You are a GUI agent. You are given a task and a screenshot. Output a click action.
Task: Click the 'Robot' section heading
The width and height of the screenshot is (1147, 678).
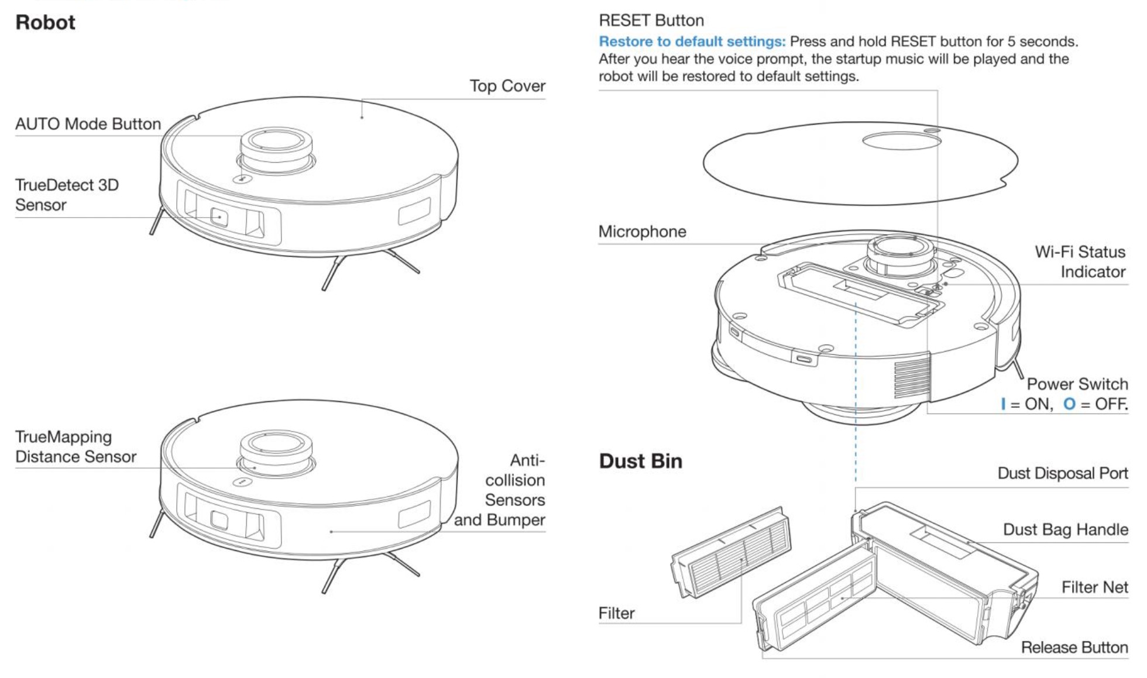click(45, 22)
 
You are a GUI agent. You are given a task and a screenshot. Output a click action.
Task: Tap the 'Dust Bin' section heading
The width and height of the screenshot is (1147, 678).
click(640, 461)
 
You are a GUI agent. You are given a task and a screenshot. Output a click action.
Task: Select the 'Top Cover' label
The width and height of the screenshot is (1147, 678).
click(507, 86)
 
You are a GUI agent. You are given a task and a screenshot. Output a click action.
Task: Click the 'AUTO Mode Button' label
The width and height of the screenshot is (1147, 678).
click(88, 124)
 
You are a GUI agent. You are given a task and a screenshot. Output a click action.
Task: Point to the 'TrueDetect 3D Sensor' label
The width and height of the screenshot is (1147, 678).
click(67, 195)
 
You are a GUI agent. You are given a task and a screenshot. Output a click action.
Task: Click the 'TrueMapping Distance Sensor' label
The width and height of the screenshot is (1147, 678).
click(75, 446)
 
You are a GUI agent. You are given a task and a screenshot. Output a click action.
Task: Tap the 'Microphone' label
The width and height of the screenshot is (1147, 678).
click(642, 232)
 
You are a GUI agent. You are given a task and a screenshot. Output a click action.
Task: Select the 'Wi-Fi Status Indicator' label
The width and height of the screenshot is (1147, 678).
click(1080, 261)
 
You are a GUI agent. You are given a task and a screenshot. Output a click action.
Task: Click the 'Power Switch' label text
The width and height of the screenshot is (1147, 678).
click(1077, 384)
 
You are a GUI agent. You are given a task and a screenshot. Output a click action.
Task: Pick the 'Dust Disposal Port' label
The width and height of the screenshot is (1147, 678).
click(1063, 473)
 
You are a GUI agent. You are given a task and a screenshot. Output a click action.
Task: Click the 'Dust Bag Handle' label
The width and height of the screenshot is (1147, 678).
click(1066, 529)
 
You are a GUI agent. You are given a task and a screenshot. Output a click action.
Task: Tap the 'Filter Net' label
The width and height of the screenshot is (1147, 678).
click(1095, 587)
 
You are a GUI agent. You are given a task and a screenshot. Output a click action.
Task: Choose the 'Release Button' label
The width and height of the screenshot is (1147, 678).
click(1074, 647)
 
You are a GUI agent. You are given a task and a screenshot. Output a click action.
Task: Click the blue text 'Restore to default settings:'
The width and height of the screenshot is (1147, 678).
click(692, 42)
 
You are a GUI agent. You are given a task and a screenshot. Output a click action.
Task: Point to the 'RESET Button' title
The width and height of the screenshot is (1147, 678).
click(651, 20)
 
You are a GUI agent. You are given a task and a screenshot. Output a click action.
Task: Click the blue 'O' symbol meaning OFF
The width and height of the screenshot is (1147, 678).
click(1069, 404)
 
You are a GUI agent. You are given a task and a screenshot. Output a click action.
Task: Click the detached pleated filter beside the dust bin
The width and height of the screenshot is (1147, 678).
click(730, 552)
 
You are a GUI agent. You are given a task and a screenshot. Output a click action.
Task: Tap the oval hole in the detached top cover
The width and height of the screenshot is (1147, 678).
click(902, 140)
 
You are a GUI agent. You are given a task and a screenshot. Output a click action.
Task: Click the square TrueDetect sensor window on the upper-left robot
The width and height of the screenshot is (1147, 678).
click(219, 217)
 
